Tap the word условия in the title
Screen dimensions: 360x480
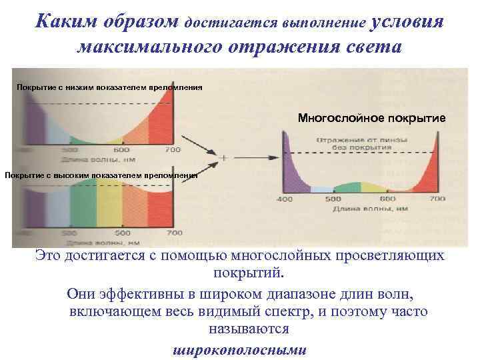tap(405, 21)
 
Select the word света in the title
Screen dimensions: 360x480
tap(365, 48)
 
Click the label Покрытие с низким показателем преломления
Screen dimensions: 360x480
tap(109, 87)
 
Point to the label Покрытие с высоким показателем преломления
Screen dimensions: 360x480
tap(101, 175)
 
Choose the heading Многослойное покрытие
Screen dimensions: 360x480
tap(371, 118)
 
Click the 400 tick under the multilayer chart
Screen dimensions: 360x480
tap(285, 199)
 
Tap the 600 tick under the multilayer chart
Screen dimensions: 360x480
tap(386, 199)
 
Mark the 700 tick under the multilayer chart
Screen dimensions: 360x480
tap(437, 199)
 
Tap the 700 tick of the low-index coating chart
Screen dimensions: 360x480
tap(173, 149)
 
